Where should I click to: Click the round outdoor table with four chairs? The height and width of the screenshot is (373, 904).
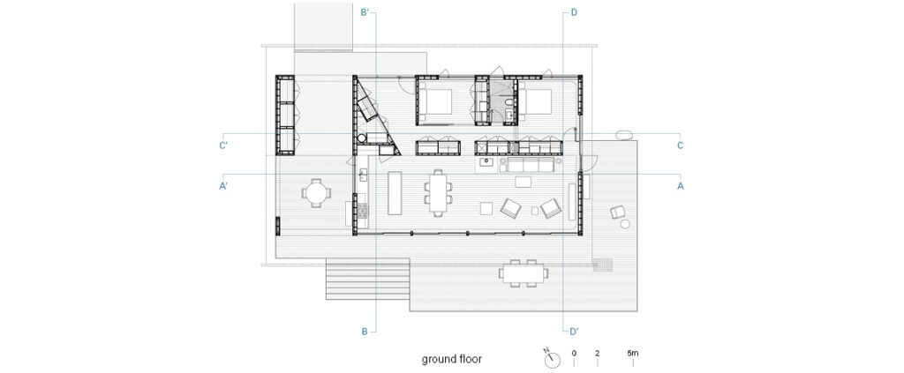pyautogui.click(x=316, y=193)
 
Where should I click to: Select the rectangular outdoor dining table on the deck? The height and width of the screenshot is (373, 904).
pyautogui.click(x=524, y=272)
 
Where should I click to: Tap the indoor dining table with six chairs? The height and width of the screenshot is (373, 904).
pyautogui.click(x=438, y=192)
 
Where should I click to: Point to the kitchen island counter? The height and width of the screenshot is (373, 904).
pyautogui.click(x=395, y=192)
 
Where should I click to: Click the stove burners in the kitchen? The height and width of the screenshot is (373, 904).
pyautogui.click(x=362, y=212)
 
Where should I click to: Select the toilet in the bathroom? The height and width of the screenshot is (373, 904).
pyautogui.click(x=508, y=104)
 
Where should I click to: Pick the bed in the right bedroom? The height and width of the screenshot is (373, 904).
pyautogui.click(x=536, y=103)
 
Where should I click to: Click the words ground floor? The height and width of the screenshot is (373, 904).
pyautogui.click(x=451, y=359)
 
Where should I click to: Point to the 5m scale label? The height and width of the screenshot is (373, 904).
pyautogui.click(x=632, y=353)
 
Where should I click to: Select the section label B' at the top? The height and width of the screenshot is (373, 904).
pyautogui.click(x=365, y=11)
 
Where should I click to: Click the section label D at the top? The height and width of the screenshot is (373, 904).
pyautogui.click(x=574, y=12)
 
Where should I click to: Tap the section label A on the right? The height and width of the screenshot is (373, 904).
pyautogui.click(x=681, y=186)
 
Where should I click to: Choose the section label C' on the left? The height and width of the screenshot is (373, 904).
pyautogui.click(x=223, y=145)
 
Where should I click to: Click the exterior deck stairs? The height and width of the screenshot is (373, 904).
pyautogui.click(x=368, y=279)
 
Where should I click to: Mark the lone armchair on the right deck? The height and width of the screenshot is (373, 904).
pyautogui.click(x=619, y=213)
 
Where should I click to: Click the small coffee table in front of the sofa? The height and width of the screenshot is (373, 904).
pyautogui.click(x=523, y=183)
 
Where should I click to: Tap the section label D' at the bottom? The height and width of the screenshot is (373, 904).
pyautogui.click(x=574, y=331)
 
